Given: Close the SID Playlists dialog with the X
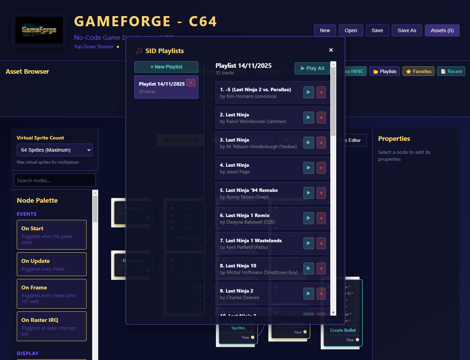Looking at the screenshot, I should (331, 50).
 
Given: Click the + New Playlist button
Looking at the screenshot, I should (166, 67).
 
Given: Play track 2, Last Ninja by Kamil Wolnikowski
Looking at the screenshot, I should (309, 117).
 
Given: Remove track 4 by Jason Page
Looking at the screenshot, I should (321, 168).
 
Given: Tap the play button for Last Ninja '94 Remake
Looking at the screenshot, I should (309, 193).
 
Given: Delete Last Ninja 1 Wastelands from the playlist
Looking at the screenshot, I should (321, 243).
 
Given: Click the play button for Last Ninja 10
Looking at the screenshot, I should (309, 268).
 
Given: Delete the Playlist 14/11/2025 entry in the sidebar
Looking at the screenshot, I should (191, 83).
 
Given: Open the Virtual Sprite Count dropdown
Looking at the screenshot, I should (54, 150).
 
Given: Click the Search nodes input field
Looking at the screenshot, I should (54, 180).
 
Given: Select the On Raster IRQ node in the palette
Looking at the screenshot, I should (52, 326).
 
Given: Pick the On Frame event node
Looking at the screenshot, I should (52, 294).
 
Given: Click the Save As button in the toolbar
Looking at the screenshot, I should (407, 30).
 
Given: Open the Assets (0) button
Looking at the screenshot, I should (442, 30).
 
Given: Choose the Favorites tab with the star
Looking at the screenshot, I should (418, 71).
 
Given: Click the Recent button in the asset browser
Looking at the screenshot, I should (451, 71).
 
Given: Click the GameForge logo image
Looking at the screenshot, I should (39, 30).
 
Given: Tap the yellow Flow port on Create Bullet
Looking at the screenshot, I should (357, 340).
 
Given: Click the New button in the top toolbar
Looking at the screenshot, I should (325, 30).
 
